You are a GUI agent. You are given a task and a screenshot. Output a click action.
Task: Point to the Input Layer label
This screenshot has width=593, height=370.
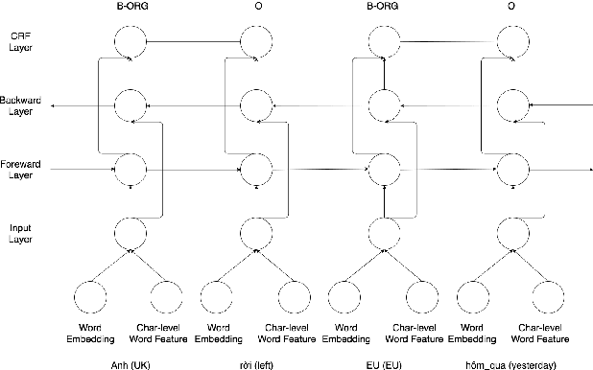coord(19,233)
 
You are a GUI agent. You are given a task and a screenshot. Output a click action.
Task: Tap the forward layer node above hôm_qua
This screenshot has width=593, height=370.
coord(511,170)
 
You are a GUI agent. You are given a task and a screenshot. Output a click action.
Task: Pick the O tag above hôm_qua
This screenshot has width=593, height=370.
coord(511,7)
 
